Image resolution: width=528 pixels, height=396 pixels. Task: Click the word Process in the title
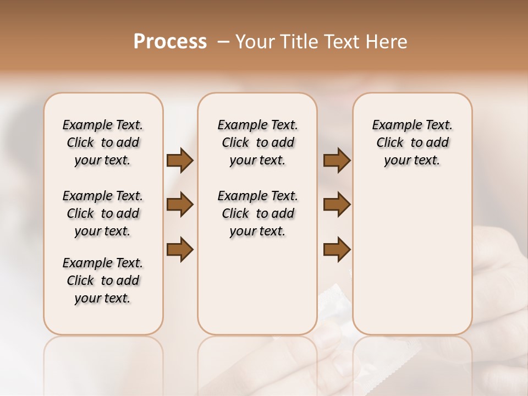(x=170, y=42)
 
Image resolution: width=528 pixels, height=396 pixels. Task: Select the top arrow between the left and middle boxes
(x=180, y=161)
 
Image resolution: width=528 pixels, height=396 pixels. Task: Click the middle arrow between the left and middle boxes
(x=180, y=205)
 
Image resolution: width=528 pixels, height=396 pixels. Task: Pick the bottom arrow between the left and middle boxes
(x=180, y=250)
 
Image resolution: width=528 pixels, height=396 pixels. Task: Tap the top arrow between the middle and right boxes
(x=337, y=161)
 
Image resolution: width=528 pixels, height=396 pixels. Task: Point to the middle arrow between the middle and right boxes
(x=337, y=205)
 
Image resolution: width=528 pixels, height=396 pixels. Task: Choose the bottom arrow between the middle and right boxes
(x=337, y=250)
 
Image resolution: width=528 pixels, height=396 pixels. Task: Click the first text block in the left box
(x=103, y=142)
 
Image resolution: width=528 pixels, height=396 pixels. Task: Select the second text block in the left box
(x=103, y=213)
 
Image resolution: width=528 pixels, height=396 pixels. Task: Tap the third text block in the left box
(x=103, y=280)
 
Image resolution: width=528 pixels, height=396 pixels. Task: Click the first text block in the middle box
(x=257, y=142)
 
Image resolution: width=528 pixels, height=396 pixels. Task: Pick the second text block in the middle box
(x=257, y=213)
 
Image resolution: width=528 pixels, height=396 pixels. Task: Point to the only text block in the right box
(x=412, y=142)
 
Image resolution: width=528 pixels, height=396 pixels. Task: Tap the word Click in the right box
(x=390, y=143)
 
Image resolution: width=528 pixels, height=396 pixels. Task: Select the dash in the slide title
(x=223, y=42)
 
